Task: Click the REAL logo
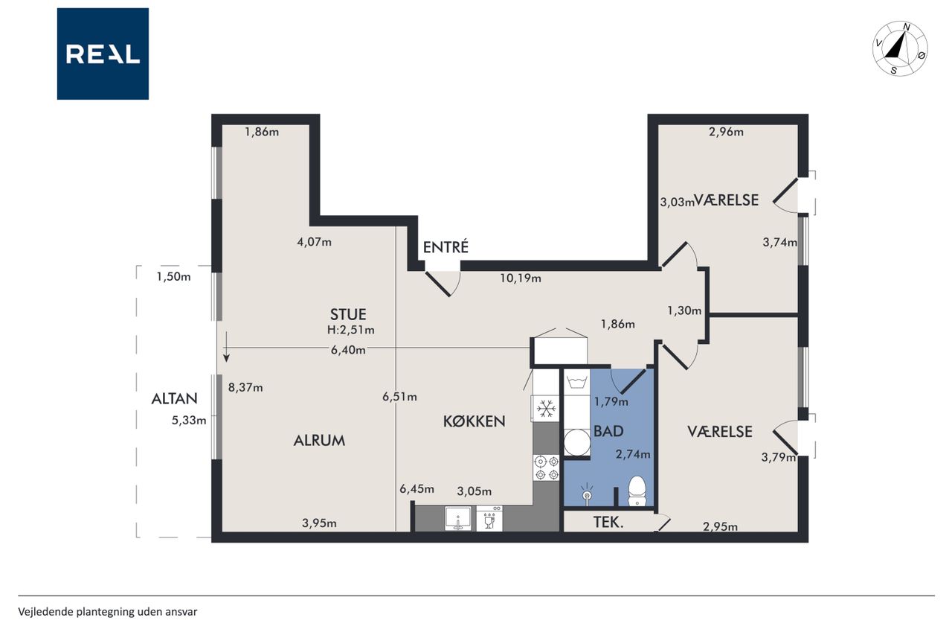click(x=103, y=54)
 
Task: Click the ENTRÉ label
click(x=446, y=247)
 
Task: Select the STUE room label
click(x=348, y=314)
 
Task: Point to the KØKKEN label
click(x=474, y=421)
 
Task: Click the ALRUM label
click(x=319, y=441)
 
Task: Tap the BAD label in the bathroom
click(x=608, y=431)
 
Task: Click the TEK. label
click(x=608, y=523)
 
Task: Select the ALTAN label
click(x=174, y=398)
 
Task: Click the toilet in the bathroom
click(x=637, y=491)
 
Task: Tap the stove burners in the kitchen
click(x=547, y=468)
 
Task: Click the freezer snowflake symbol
click(x=546, y=409)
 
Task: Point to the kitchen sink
click(x=457, y=518)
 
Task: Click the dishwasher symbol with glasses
click(x=489, y=518)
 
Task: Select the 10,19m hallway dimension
click(x=520, y=278)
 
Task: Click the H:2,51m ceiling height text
click(x=350, y=330)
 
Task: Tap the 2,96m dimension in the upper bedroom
click(x=726, y=132)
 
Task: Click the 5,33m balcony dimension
click(x=189, y=420)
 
